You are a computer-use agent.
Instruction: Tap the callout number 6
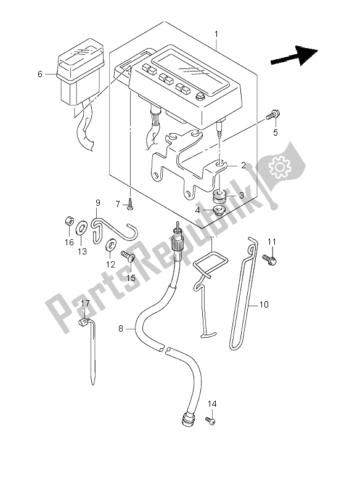(x=40, y=74)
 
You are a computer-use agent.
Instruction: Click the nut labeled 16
(x=70, y=222)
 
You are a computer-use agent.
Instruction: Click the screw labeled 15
(x=128, y=256)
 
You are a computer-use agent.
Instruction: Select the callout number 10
(x=264, y=304)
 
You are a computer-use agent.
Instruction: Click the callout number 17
(x=84, y=303)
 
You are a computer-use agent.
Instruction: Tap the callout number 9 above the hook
(x=97, y=203)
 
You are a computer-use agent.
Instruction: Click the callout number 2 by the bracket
(x=243, y=165)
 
